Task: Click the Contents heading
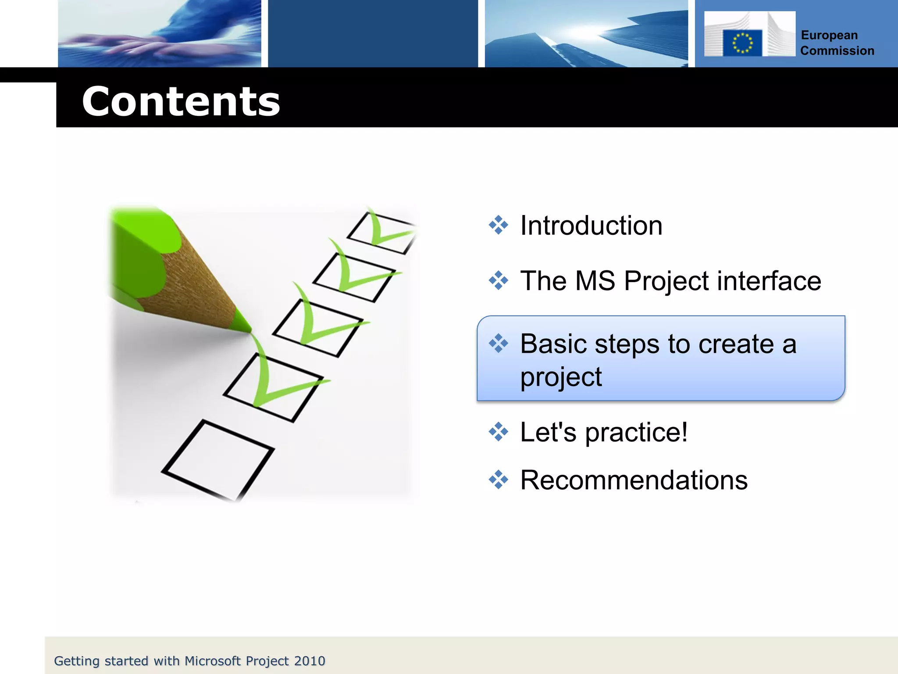point(181,102)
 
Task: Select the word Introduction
point(591,226)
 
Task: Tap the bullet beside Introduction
point(498,225)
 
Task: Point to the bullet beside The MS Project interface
point(498,280)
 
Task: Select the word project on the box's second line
point(561,377)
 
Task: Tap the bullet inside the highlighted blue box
point(498,343)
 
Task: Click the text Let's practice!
point(603,432)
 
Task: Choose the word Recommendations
point(634,480)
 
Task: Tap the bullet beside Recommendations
point(498,480)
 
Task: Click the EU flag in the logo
point(742,43)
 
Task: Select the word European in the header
point(829,35)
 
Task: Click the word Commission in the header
point(837,51)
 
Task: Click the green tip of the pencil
point(242,323)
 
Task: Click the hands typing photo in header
point(160,34)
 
